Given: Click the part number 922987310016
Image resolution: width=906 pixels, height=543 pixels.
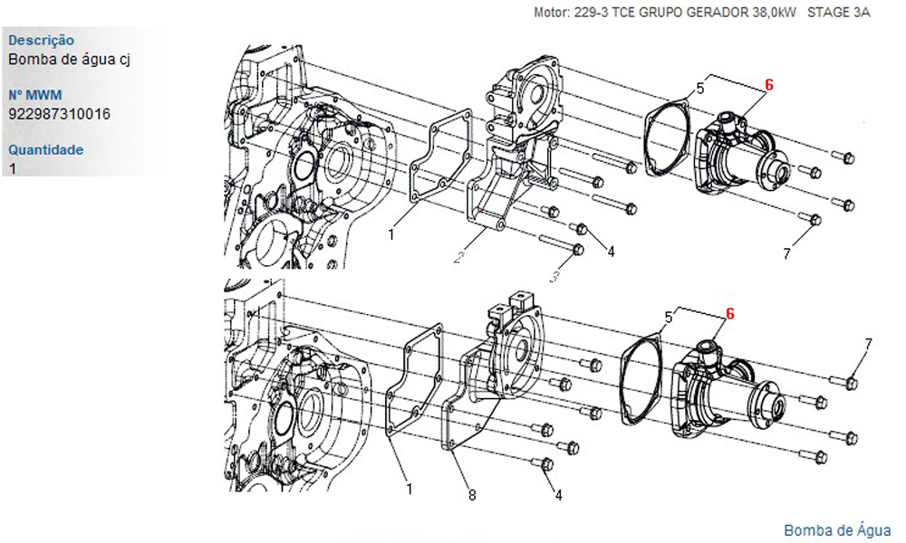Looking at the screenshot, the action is pyautogui.click(x=59, y=114).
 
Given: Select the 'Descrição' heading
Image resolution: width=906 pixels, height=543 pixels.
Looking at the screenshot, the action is pyautogui.click(x=41, y=41).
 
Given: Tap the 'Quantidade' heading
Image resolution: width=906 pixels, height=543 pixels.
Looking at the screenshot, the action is pyautogui.click(x=45, y=150).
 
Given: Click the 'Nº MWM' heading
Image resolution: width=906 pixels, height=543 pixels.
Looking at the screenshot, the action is pyautogui.click(x=34, y=95).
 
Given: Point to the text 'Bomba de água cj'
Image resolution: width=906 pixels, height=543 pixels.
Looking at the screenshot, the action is pyautogui.click(x=70, y=60).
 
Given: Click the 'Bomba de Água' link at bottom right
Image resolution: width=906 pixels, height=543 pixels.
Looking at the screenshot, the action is pyautogui.click(x=837, y=530).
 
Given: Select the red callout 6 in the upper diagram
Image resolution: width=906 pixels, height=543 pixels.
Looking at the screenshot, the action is pyautogui.click(x=768, y=85).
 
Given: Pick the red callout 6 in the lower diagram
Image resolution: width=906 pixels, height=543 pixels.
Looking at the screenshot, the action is pyautogui.click(x=729, y=314).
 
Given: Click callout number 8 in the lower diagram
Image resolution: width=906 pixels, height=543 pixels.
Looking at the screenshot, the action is pyautogui.click(x=472, y=495).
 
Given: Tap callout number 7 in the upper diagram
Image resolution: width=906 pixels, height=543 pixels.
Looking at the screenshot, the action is pyautogui.click(x=786, y=254).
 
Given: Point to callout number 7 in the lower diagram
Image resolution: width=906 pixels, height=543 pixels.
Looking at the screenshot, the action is pyautogui.click(x=868, y=345).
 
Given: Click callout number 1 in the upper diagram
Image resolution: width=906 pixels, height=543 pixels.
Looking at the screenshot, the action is pyautogui.click(x=391, y=235).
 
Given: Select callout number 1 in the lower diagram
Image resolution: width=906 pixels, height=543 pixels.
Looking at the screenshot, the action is pyautogui.click(x=410, y=490).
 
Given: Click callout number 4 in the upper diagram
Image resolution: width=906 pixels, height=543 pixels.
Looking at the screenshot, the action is pyautogui.click(x=611, y=251).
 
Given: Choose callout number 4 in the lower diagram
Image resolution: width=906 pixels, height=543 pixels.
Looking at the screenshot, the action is pyautogui.click(x=558, y=495).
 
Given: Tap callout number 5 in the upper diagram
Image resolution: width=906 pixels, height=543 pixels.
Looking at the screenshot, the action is pyautogui.click(x=700, y=89).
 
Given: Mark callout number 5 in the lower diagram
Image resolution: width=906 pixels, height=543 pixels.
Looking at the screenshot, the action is pyautogui.click(x=669, y=318).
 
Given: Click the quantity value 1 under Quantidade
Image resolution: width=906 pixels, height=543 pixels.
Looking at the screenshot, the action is pyautogui.click(x=13, y=169).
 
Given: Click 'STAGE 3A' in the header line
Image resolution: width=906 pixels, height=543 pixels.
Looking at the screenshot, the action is pyautogui.click(x=838, y=12).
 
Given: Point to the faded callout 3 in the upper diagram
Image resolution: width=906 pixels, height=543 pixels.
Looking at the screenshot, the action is pyautogui.click(x=554, y=277).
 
